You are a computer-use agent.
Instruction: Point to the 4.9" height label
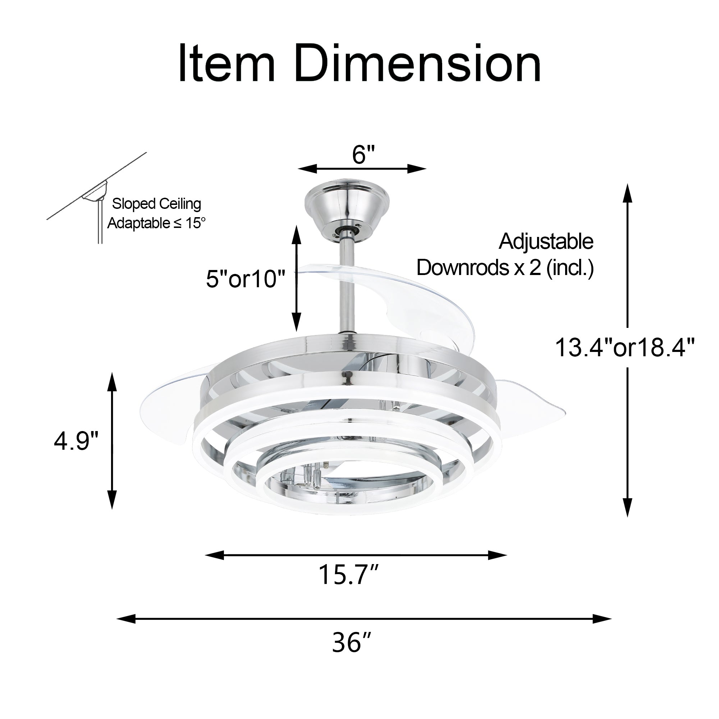point(76,441)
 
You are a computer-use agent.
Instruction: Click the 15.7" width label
point(348,575)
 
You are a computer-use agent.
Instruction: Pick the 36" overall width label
point(351,642)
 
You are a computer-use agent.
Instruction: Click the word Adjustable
point(546,242)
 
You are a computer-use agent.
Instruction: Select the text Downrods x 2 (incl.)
point(505,267)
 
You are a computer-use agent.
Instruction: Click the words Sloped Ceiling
point(156,203)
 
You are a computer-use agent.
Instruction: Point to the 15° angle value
point(195,223)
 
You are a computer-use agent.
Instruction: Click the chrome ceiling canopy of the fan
point(347,209)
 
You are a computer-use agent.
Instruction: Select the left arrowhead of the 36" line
point(125,619)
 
